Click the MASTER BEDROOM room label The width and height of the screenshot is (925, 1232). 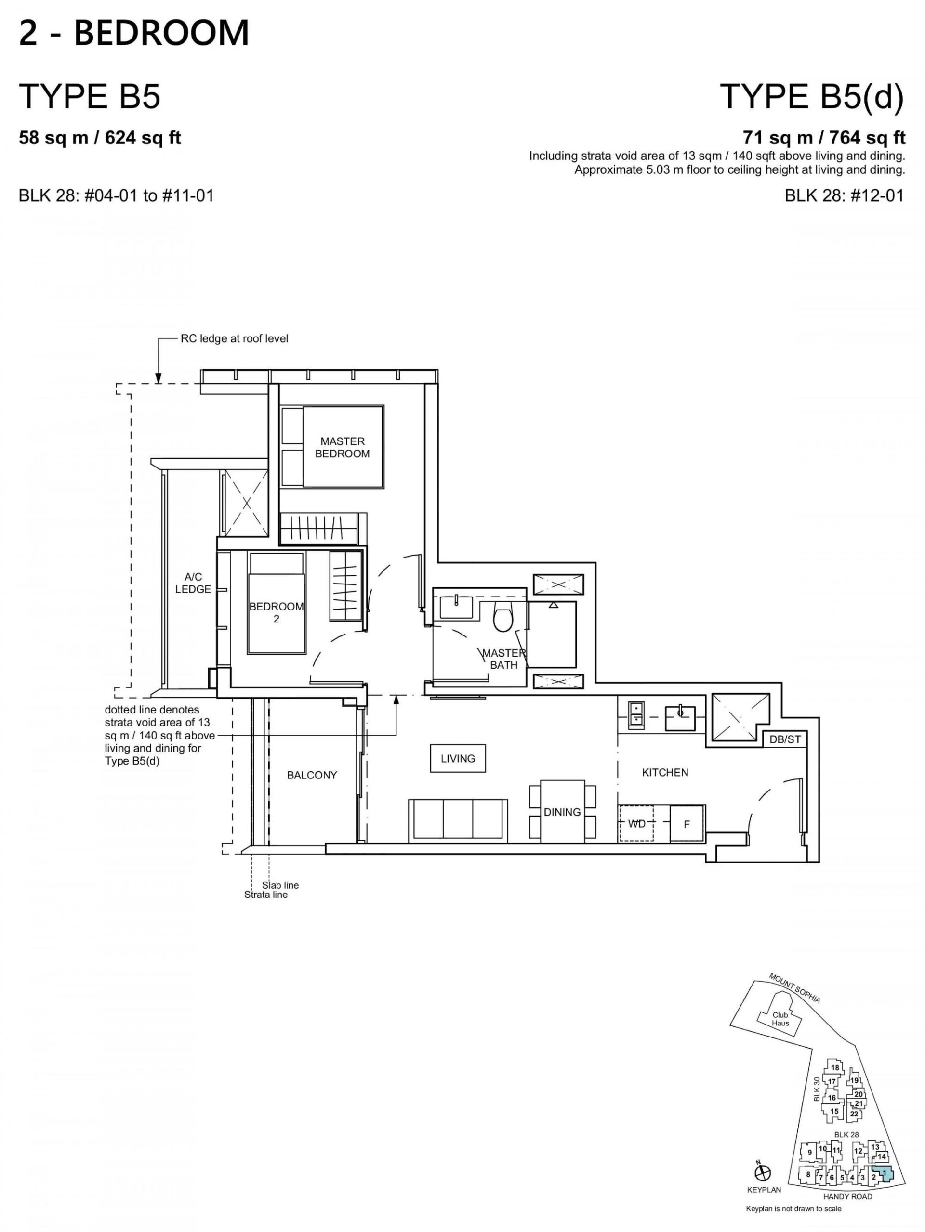342,448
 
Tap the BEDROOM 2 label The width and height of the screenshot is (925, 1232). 277,612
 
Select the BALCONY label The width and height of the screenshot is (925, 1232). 312,775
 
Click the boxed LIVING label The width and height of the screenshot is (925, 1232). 458,759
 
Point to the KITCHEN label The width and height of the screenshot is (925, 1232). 665,773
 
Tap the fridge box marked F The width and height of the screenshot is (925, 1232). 687,824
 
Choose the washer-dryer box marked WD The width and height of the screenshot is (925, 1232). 637,824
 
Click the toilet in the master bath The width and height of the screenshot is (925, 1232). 504,618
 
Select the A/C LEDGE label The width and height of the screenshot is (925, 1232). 193,583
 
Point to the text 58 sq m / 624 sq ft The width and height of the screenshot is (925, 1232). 100,138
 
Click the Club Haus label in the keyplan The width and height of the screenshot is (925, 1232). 780,1019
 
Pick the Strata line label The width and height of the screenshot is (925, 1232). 266,895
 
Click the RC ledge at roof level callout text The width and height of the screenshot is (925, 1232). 234,338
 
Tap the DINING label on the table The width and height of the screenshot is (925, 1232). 562,812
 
